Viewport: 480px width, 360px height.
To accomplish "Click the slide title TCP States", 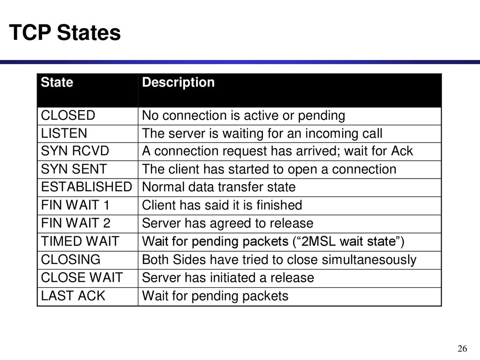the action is pyautogui.click(x=65, y=32).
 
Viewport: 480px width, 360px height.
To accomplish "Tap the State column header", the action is pyautogui.click(x=57, y=82).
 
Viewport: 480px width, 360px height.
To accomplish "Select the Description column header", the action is pyautogui.click(x=178, y=82).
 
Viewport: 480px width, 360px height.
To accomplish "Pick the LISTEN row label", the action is pyautogui.click(x=64, y=134).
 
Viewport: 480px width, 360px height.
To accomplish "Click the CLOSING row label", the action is pyautogui.click(x=71, y=260).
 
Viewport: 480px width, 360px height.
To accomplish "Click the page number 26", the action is pyautogui.click(x=462, y=348).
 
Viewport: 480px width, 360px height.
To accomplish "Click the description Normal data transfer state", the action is pyautogui.click(x=218, y=187).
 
